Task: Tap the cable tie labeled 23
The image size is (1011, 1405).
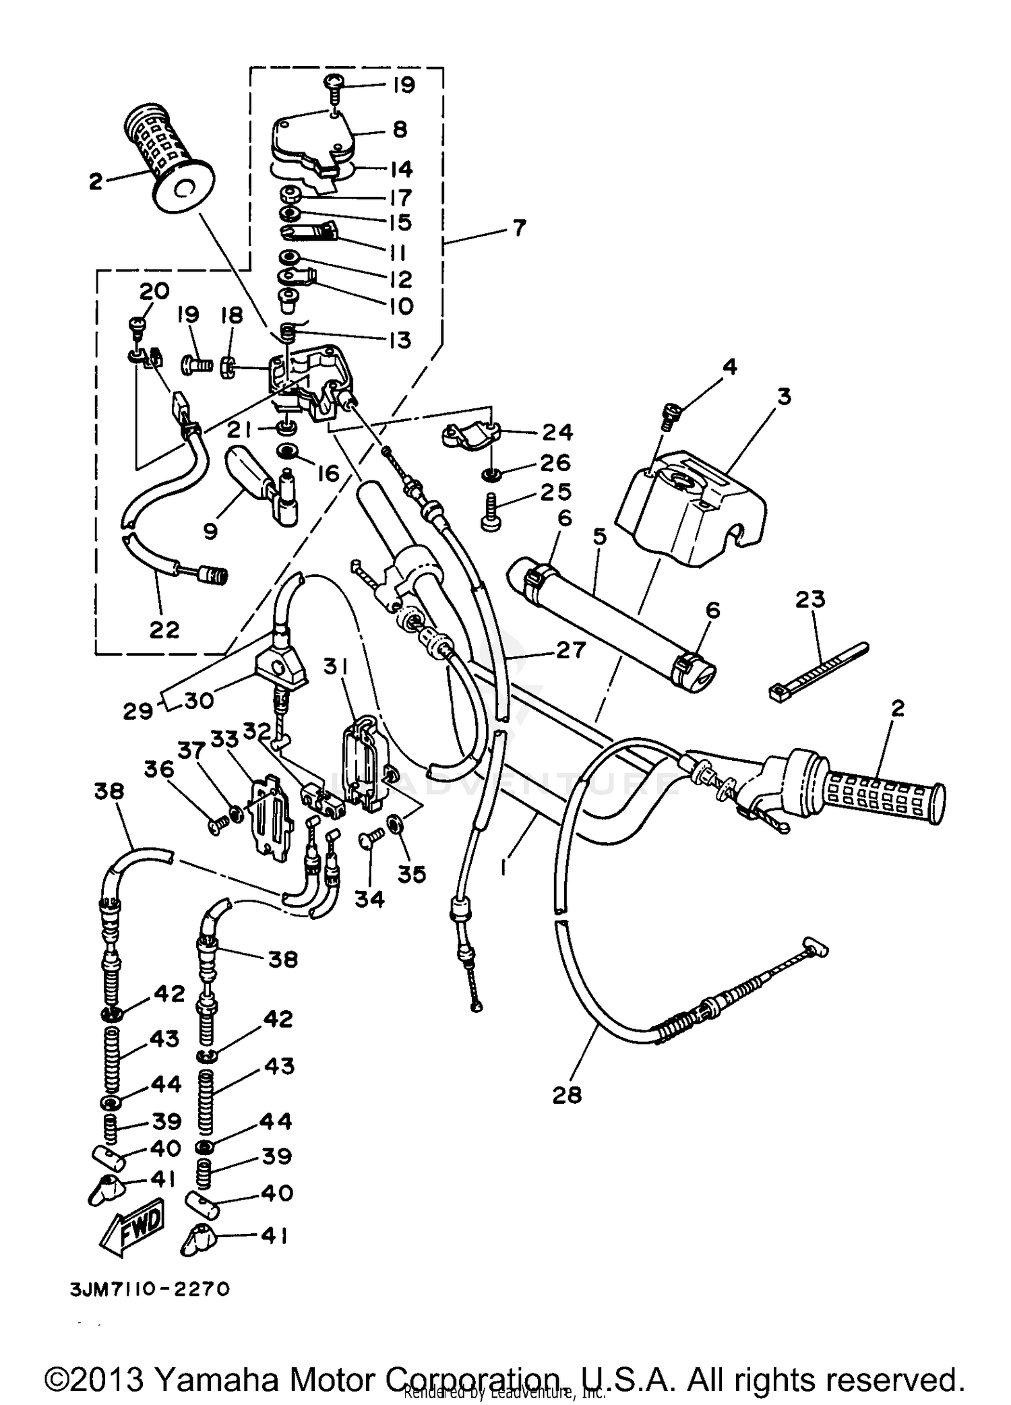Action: click(x=818, y=670)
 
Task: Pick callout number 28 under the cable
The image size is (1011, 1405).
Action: click(x=566, y=1095)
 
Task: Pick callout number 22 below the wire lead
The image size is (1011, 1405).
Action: click(x=164, y=629)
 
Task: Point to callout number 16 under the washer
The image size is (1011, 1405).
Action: click(x=328, y=473)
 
